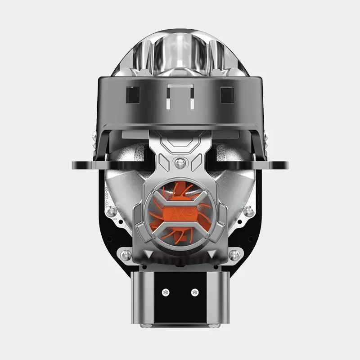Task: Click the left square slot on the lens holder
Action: tap(133, 95)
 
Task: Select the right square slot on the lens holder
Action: tap(227, 95)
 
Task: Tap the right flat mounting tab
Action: tap(274, 165)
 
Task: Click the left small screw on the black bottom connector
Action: tap(166, 292)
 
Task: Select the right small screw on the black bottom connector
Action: tap(194, 292)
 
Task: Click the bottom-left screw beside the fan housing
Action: tap(126, 255)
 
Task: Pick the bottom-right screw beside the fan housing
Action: tap(234, 255)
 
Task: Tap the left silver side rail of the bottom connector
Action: tap(137, 297)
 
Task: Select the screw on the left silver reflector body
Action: tap(111, 211)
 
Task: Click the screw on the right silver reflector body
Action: tap(248, 211)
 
